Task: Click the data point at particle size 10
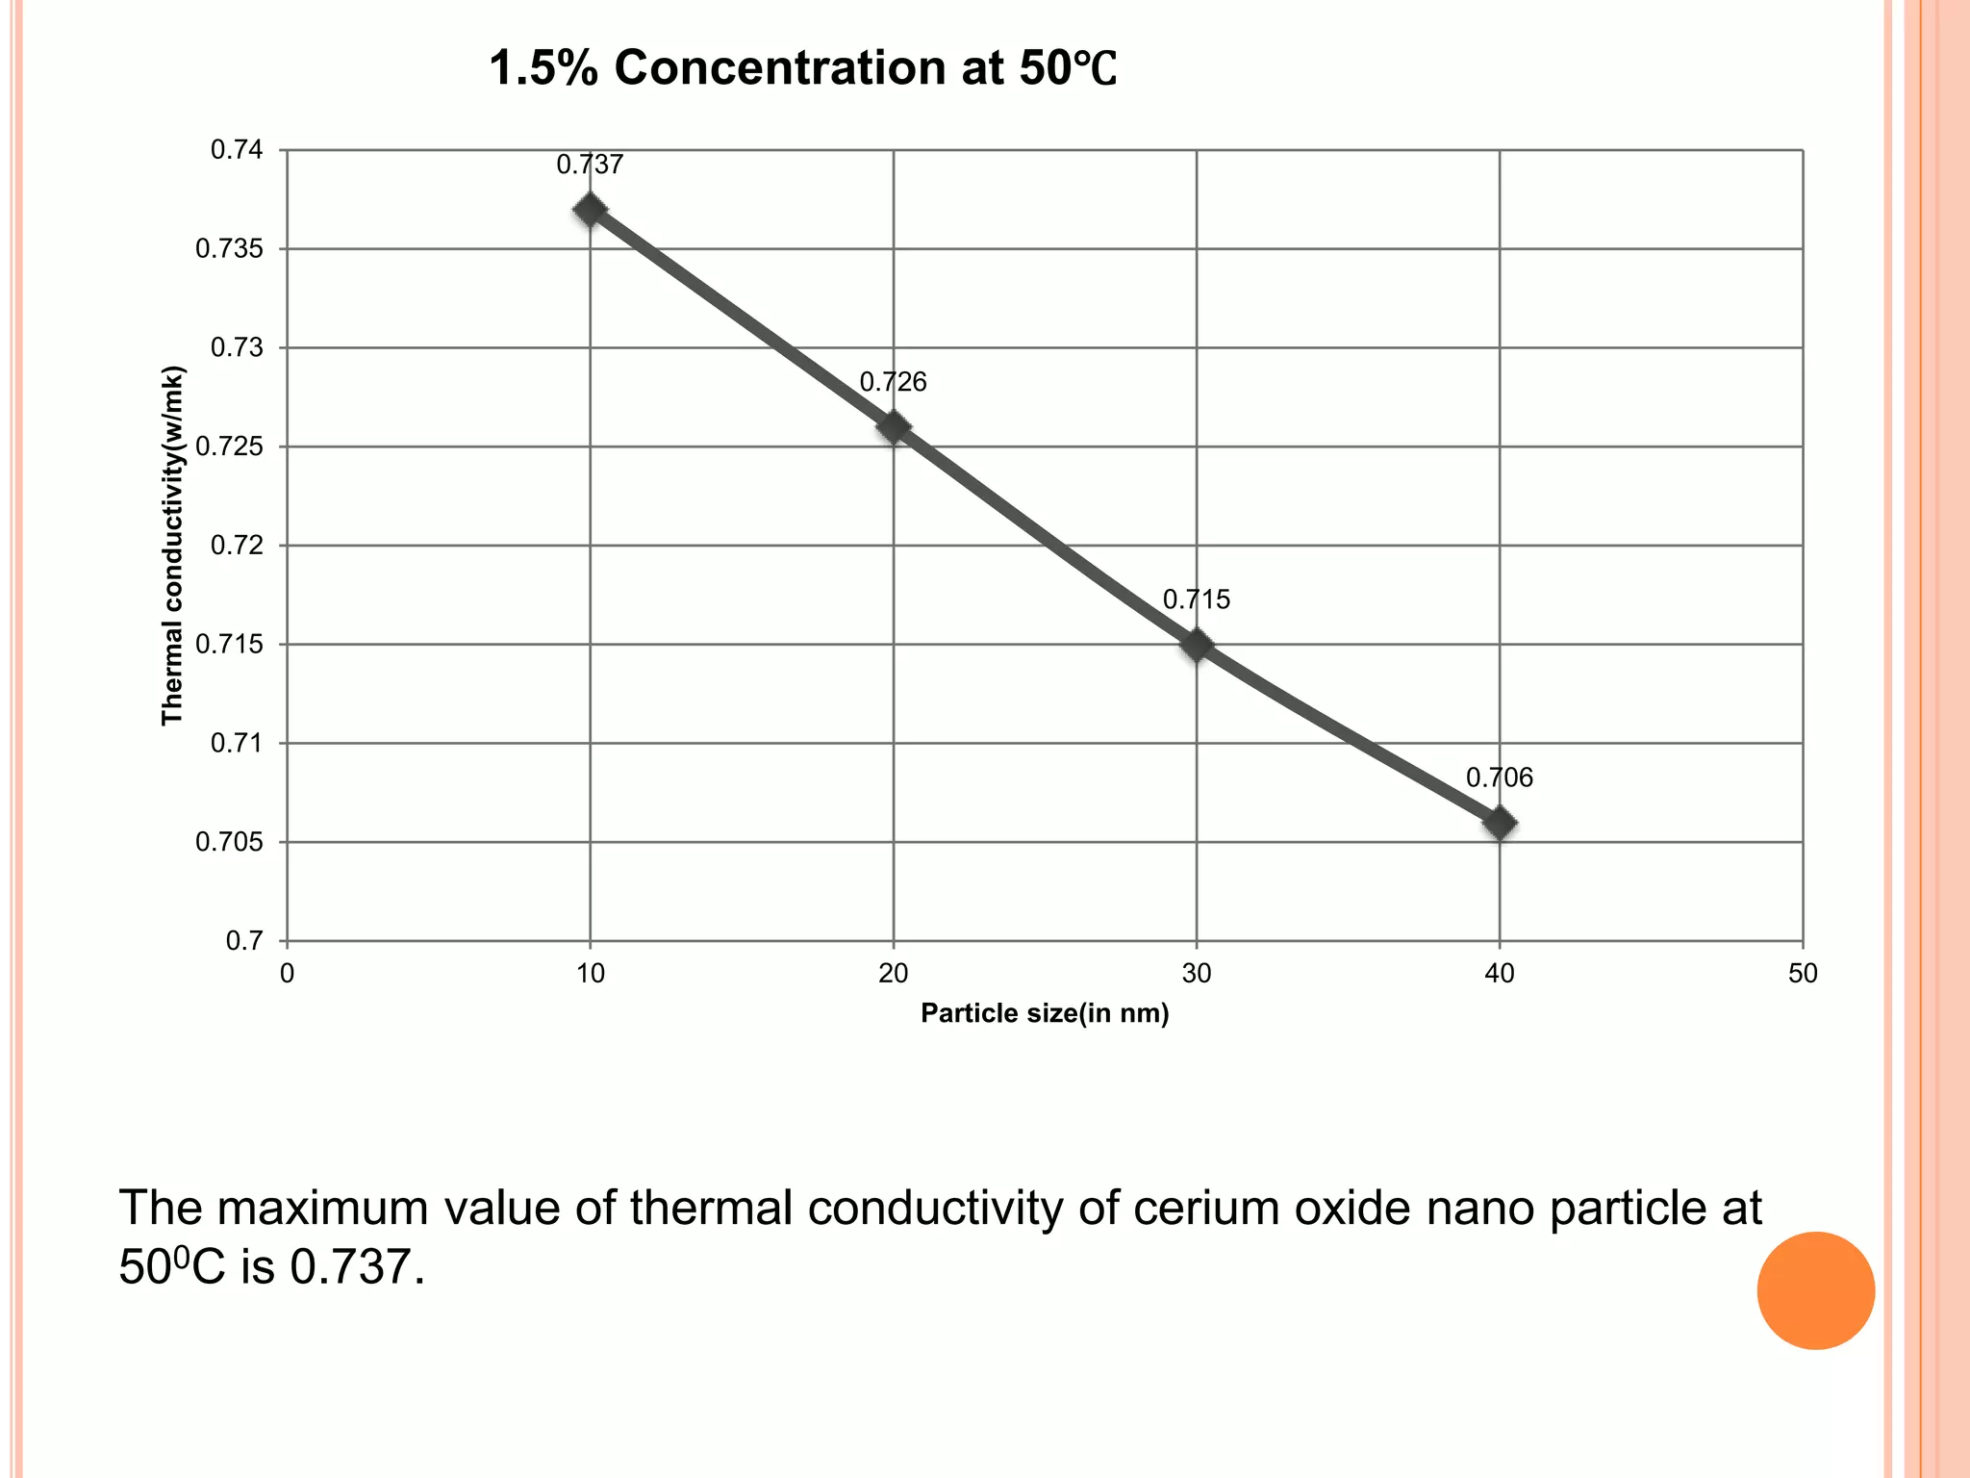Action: [590, 210]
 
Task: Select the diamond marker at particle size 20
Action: [894, 426]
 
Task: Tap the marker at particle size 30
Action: [1197, 644]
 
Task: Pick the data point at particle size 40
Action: [1500, 823]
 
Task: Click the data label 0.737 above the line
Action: [590, 165]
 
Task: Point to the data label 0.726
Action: [893, 382]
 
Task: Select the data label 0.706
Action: [1499, 777]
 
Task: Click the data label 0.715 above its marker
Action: [1196, 599]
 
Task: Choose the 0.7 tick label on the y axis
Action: [244, 941]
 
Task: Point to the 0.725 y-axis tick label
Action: [229, 447]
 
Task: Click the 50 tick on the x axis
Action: [1803, 974]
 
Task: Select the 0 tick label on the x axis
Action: [287, 974]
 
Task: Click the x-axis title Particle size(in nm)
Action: [1045, 1013]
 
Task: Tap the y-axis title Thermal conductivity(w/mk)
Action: [172, 546]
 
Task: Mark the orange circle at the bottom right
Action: [1815, 1290]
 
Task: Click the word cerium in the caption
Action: [1207, 1209]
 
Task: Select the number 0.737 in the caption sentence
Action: [356, 1268]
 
